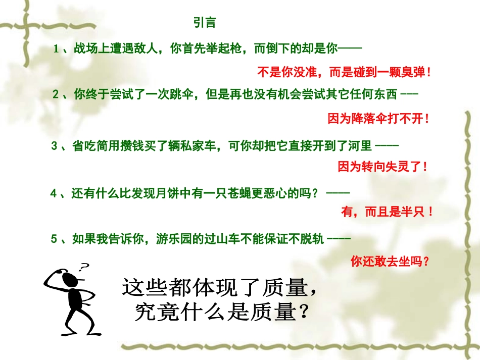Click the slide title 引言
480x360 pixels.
tap(205, 23)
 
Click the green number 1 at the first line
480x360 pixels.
tap(57, 49)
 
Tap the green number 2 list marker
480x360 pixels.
tap(56, 94)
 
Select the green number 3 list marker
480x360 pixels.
tap(55, 146)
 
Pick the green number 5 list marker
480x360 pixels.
tap(54, 239)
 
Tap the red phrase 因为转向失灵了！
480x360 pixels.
tap(383, 166)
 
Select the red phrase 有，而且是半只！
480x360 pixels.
tap(387, 213)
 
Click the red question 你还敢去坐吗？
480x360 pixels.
tap(391, 261)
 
